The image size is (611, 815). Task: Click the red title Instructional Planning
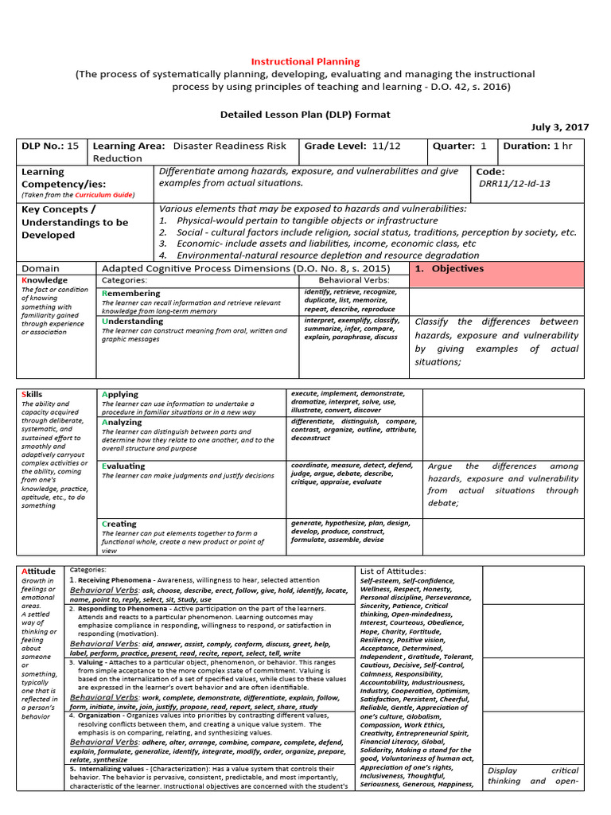click(x=305, y=61)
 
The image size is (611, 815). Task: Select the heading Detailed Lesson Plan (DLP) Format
click(x=305, y=114)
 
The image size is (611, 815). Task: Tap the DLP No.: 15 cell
click(x=51, y=146)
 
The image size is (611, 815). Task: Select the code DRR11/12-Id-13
click(x=515, y=184)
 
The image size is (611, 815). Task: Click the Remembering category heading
click(x=131, y=294)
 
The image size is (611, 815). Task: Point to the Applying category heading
click(x=120, y=395)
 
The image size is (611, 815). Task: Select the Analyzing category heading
click(x=123, y=423)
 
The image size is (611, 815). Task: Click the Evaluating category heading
click(x=124, y=466)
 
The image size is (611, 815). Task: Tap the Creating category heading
click(x=119, y=524)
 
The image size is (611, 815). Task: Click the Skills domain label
click(x=33, y=395)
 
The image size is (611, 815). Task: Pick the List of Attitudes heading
click(x=393, y=571)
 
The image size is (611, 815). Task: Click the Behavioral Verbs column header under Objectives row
click(x=354, y=281)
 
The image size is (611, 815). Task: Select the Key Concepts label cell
click(x=75, y=222)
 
